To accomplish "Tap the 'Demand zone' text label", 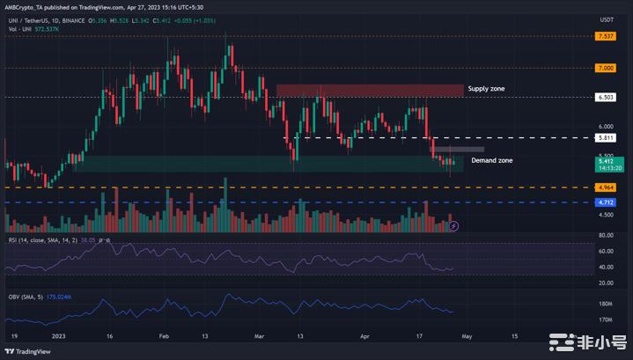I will (492, 161).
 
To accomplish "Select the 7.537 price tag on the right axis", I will (605, 37).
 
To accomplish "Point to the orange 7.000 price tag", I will (605, 67).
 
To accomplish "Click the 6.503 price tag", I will (605, 97).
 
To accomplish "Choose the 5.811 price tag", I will (605, 138).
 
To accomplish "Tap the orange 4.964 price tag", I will (605, 187).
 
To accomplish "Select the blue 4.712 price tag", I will (605, 202).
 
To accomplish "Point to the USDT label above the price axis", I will (606, 19).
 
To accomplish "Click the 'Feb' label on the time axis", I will (164, 335).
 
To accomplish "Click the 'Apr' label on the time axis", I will (364, 335).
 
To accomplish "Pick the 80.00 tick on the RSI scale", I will (606, 235).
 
